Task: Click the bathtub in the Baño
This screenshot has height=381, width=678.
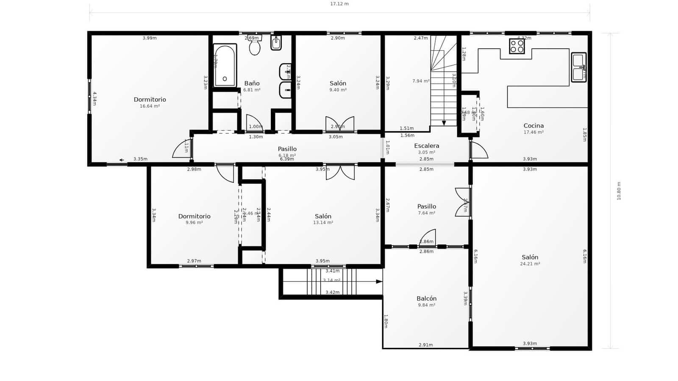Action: [225, 66]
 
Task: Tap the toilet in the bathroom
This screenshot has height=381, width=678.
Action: [255, 46]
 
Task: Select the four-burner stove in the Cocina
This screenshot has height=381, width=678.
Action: [517, 46]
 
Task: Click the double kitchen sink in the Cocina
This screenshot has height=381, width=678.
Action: [578, 67]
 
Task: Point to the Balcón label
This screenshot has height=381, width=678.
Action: [426, 298]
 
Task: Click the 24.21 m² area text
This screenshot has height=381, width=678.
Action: [530, 264]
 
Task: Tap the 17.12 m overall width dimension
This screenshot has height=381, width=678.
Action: [339, 4]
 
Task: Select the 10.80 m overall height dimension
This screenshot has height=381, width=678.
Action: [619, 191]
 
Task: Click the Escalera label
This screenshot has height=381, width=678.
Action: [426, 146]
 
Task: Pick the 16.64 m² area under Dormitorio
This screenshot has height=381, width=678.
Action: [150, 106]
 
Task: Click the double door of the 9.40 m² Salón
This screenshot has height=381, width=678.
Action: [340, 124]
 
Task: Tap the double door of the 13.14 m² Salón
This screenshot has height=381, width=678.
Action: [340, 172]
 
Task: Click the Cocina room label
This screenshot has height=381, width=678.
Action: [534, 125]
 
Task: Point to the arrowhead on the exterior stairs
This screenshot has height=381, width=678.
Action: [379, 282]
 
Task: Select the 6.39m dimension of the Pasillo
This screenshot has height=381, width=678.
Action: [287, 159]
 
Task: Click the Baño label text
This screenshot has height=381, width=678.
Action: [252, 83]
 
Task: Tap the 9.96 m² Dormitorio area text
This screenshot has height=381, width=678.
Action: [194, 223]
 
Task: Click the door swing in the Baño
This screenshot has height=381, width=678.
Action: [254, 123]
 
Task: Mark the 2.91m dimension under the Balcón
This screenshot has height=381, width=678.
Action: [425, 345]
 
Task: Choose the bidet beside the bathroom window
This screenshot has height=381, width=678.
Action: [276, 43]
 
